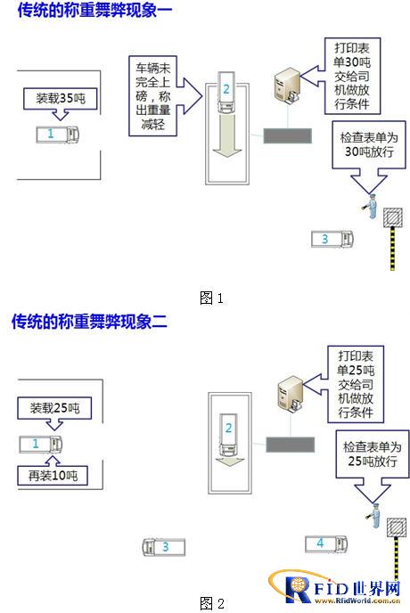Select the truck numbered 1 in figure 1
[58, 135]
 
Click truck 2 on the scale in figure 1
[226, 93]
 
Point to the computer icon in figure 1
[288, 86]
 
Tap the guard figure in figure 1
[371, 206]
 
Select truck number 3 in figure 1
[332, 239]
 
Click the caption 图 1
[211, 298]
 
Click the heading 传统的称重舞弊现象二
[90, 322]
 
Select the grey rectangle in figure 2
[290, 445]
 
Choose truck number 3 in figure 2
[163, 547]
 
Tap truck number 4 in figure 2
[326, 544]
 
